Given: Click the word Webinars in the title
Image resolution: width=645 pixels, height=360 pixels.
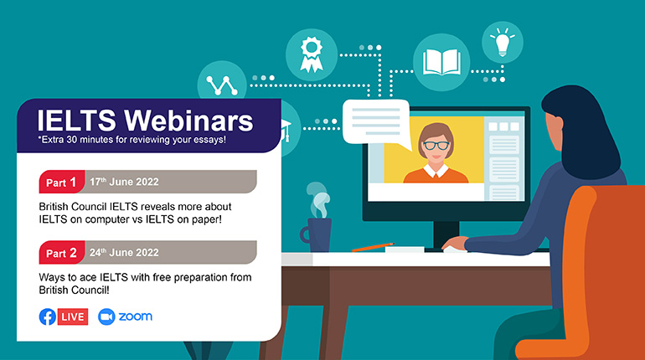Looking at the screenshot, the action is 188,121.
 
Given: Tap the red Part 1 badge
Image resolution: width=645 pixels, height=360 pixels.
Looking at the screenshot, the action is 62,182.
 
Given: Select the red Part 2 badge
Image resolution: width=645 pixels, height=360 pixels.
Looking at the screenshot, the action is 62,252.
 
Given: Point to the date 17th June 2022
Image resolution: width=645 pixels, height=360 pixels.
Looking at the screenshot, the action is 124,182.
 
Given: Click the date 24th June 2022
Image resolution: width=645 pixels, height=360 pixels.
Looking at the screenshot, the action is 124,252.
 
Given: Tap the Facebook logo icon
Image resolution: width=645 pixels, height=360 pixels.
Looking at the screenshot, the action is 48,316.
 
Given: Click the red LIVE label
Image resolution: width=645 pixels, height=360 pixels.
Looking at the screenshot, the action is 73,316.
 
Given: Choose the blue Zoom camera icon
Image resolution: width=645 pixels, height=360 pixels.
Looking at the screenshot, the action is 106,316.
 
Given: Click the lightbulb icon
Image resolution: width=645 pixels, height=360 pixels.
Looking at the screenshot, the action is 503,43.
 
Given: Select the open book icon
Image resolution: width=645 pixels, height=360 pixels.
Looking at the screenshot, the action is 441,62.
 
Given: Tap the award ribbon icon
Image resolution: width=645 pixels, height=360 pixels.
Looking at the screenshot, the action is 312,54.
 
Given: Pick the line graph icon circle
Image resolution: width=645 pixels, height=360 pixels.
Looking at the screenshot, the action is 222,81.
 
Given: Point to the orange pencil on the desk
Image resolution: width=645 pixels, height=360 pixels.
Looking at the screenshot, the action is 373,247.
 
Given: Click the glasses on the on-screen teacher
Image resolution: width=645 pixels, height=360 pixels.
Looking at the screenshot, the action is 436,145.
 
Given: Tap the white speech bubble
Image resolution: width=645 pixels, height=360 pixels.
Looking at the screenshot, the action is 376,122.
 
